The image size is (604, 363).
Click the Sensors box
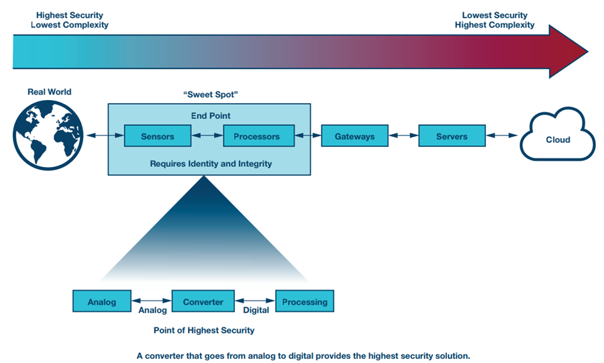pyautogui.click(x=158, y=136)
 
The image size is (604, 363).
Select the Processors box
pyautogui.click(x=257, y=136)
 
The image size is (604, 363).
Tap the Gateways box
pyautogui.click(x=355, y=136)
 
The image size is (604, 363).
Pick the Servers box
pyautogui.click(x=452, y=136)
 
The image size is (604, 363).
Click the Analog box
pyautogui.click(x=101, y=301)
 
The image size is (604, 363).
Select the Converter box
pyautogui.click(x=203, y=301)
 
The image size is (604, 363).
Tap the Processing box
pyautogui.click(x=305, y=301)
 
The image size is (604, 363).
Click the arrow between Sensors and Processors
pyautogui.click(x=207, y=136)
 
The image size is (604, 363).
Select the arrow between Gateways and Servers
pyautogui.click(x=403, y=136)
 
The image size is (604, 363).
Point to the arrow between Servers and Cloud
pyautogui.click(x=503, y=136)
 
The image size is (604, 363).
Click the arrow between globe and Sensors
pyautogui.click(x=102, y=136)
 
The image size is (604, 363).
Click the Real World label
pyautogui.click(x=49, y=92)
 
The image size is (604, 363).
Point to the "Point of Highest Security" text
pyautogui.click(x=203, y=330)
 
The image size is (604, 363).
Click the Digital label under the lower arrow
pyautogui.click(x=256, y=310)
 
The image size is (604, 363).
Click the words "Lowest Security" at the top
pyautogui.click(x=495, y=15)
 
